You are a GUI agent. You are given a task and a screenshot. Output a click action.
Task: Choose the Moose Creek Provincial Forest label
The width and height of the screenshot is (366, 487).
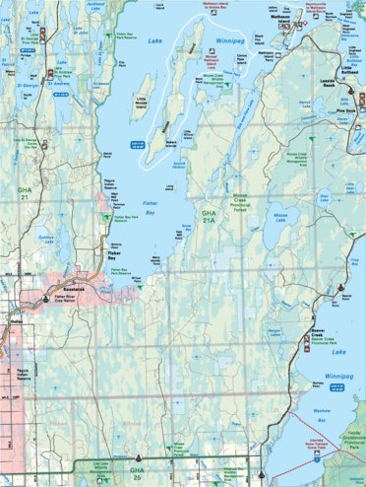click(239, 200)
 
